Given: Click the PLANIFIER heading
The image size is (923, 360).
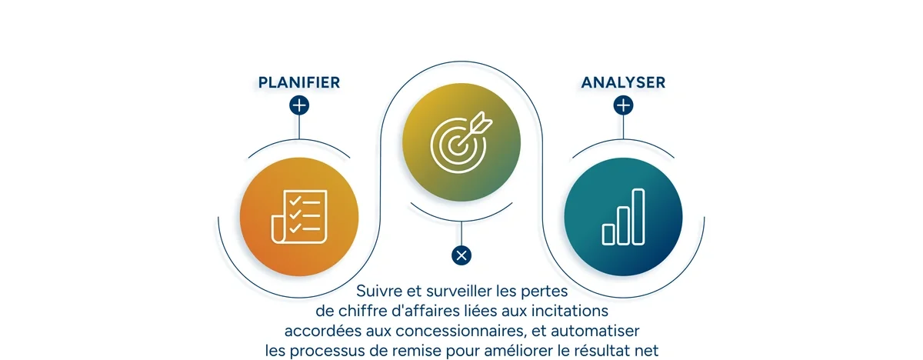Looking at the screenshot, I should (x=298, y=82).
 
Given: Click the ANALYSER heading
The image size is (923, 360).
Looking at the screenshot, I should (x=623, y=82).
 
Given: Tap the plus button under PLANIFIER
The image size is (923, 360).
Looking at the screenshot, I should (x=299, y=105).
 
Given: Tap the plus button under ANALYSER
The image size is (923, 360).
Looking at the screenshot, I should (x=623, y=105).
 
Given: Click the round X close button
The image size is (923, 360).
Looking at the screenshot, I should (x=461, y=255).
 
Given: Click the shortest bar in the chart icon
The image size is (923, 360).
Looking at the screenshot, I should (x=608, y=234).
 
